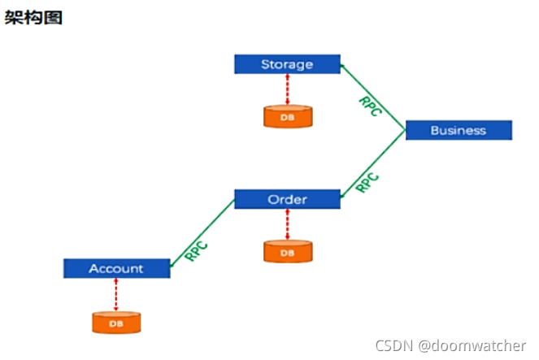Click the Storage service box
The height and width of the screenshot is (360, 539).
287,64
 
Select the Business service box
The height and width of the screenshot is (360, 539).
459,130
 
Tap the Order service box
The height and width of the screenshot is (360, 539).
287,199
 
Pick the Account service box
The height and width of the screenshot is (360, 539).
116,268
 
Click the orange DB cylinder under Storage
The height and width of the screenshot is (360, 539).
287,116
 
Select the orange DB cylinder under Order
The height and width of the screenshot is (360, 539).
287,251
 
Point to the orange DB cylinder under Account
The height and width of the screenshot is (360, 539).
116,322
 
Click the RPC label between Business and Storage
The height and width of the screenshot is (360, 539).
370,106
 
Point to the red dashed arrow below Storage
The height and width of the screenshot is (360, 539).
287,89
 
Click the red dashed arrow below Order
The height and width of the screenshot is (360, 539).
287,223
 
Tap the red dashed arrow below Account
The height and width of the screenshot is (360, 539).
116,293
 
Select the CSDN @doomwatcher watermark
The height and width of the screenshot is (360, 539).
450,345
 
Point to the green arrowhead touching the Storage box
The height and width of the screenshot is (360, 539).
343,66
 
